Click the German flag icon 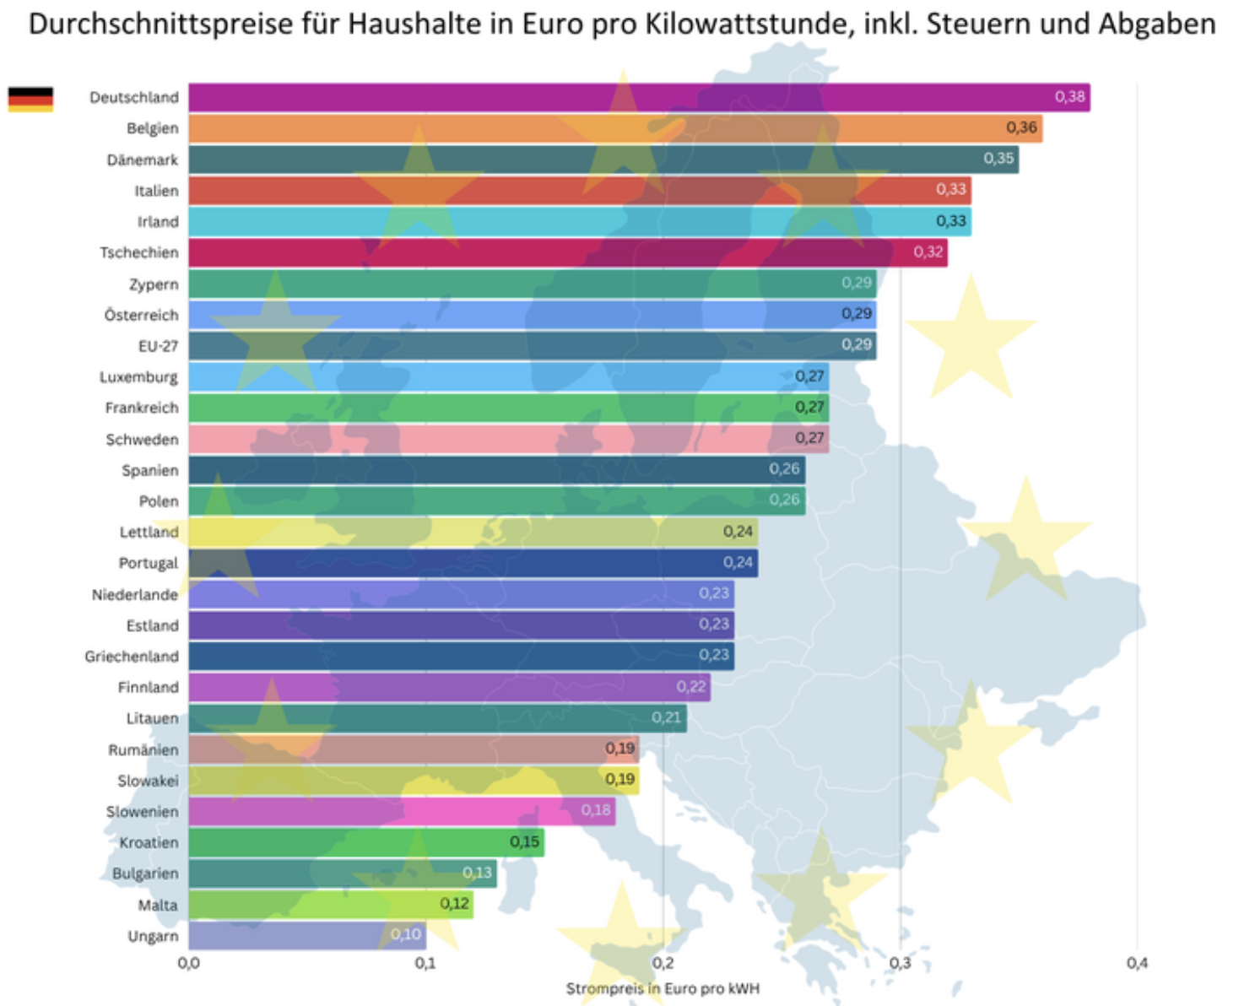pos(30,99)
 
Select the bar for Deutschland pos(638,98)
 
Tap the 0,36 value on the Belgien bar pos(1021,128)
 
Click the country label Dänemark pos(142,160)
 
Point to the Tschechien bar pos(567,252)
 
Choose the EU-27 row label pos(158,346)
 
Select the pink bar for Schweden pos(508,439)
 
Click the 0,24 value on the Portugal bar pos(738,562)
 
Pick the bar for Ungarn pos(306,935)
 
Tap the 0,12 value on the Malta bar pos(454,904)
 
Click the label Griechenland pos(132,657)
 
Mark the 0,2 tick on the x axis pos(663,963)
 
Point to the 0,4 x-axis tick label pos(1137,963)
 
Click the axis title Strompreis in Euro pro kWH pos(663,988)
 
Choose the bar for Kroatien pos(366,842)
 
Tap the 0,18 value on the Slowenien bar pos(596,810)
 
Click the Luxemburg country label pos(138,377)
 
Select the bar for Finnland pos(449,687)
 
